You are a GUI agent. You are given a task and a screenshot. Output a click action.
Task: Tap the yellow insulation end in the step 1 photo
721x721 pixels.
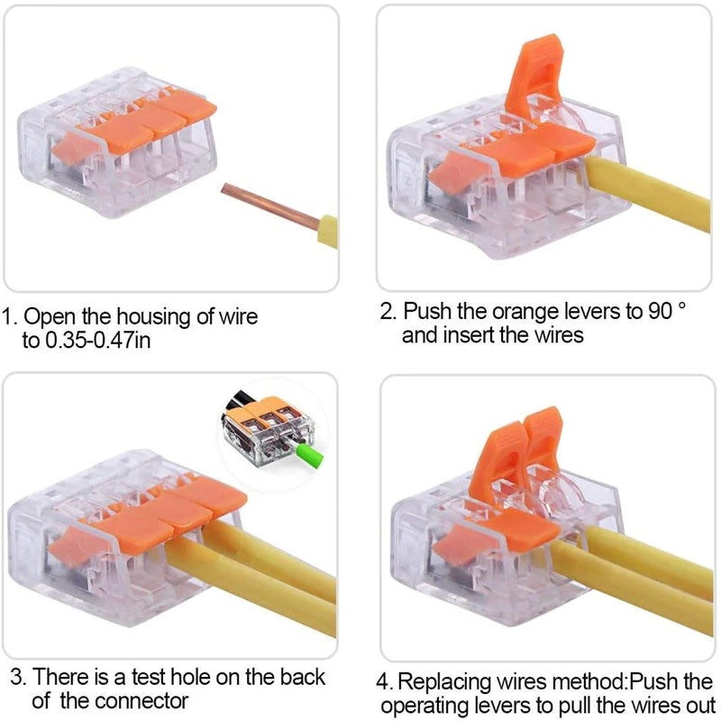coord(327,230)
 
